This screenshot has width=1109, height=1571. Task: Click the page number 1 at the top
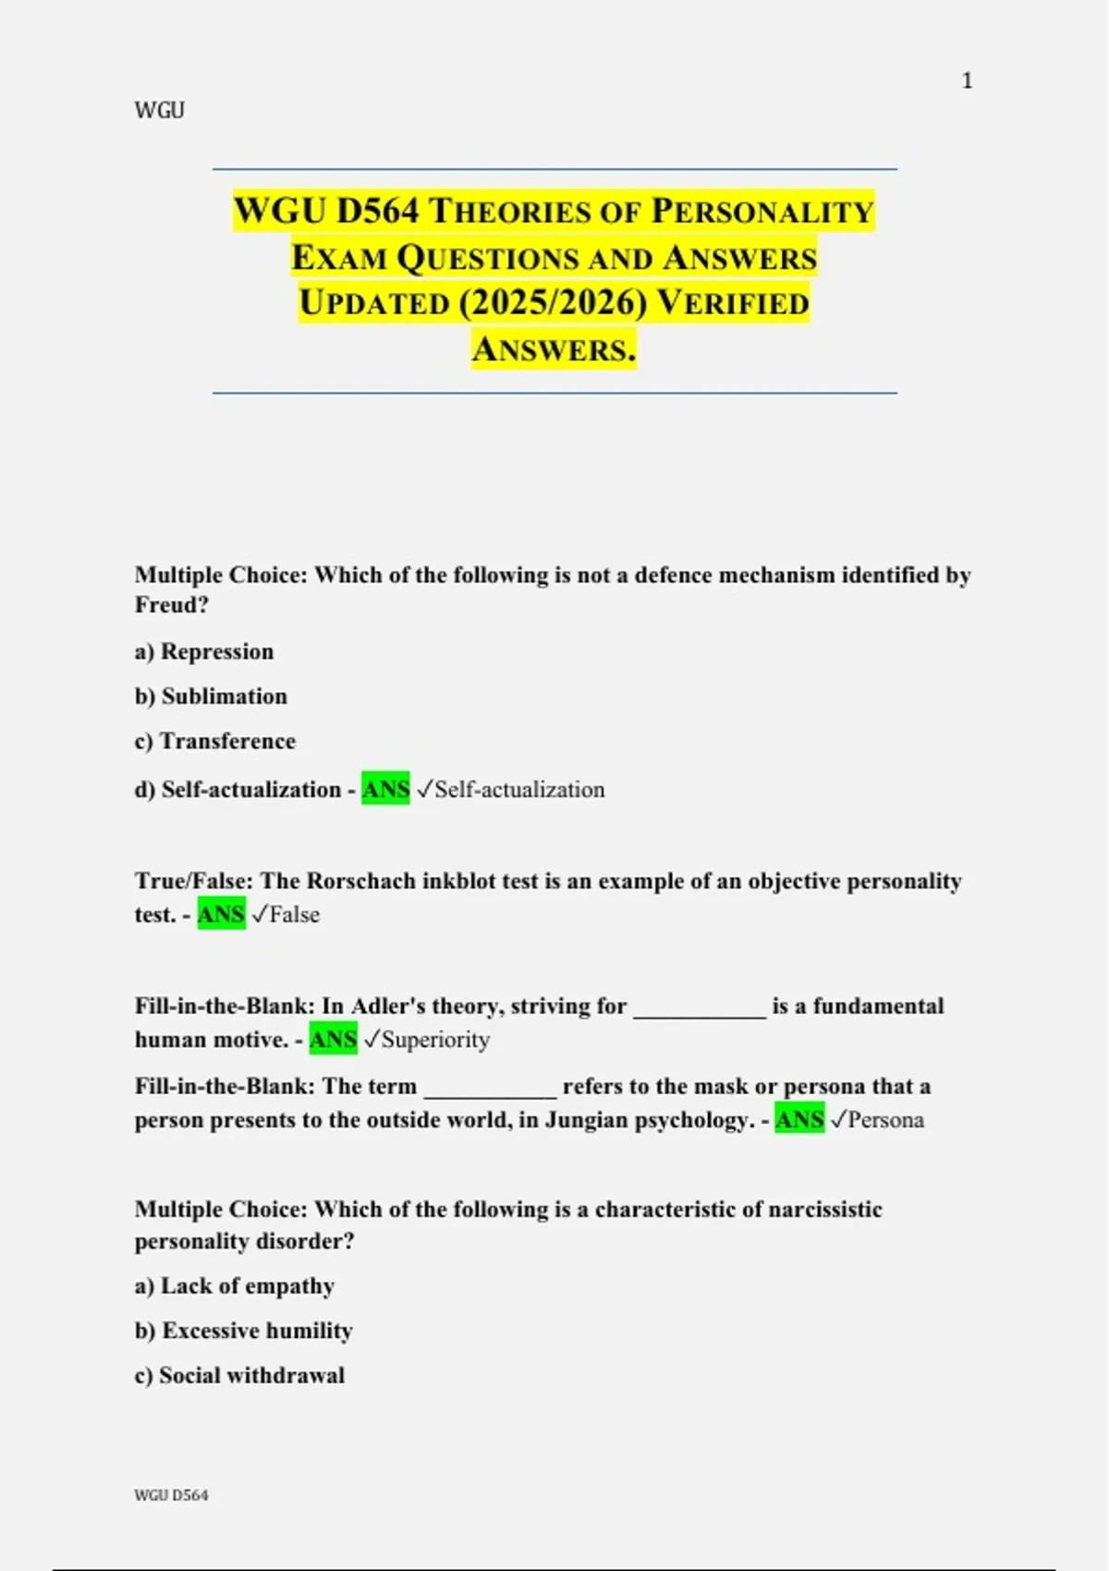pos(967,81)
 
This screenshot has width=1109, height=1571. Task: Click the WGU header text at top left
pos(159,111)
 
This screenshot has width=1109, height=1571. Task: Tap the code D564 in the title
pos(377,212)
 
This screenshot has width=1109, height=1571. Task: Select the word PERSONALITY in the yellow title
pos(762,212)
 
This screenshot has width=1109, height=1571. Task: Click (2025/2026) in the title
pos(553,303)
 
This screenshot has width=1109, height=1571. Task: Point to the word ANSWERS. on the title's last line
pos(554,349)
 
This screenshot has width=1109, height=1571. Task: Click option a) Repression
pos(204,652)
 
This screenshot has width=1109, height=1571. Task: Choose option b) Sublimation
pos(211,696)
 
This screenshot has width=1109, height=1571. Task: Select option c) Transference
pos(214,741)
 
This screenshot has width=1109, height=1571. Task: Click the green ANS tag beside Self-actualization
pos(385,789)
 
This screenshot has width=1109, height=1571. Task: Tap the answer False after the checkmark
pos(295,915)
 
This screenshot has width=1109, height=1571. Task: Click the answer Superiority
pos(435,1040)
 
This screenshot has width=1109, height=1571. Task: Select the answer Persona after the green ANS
pos(885,1120)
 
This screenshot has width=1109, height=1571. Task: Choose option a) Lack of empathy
pos(235,1286)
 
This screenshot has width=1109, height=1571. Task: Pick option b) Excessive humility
pos(244,1331)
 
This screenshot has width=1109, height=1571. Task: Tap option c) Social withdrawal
pos(239,1376)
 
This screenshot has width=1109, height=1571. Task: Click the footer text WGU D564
pos(171,1495)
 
